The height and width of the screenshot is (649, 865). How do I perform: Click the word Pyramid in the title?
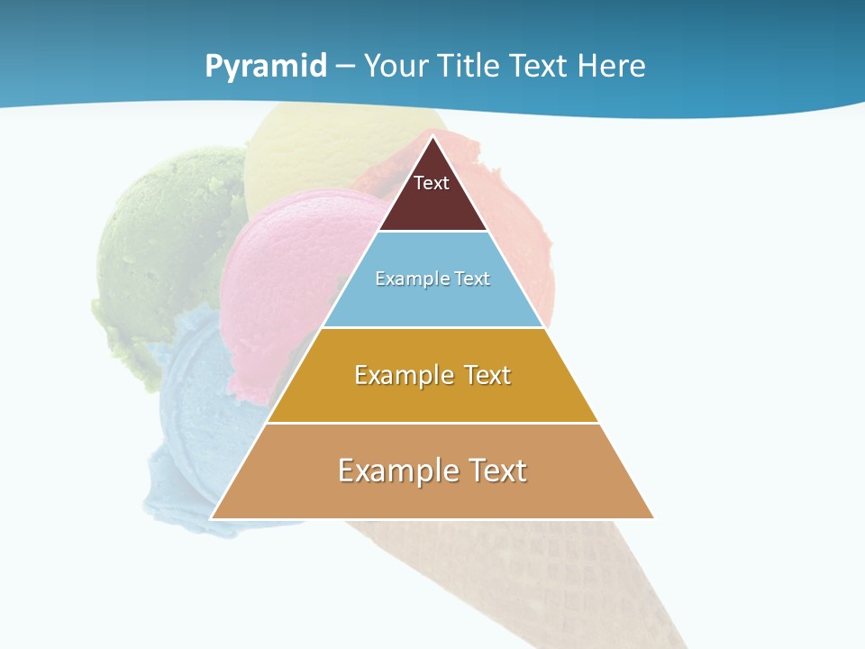point(266,66)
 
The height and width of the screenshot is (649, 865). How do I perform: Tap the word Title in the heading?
point(469,66)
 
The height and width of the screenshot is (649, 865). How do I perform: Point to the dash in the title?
point(345,67)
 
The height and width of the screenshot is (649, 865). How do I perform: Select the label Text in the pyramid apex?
point(432,183)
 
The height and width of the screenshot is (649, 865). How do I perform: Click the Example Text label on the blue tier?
point(432,279)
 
